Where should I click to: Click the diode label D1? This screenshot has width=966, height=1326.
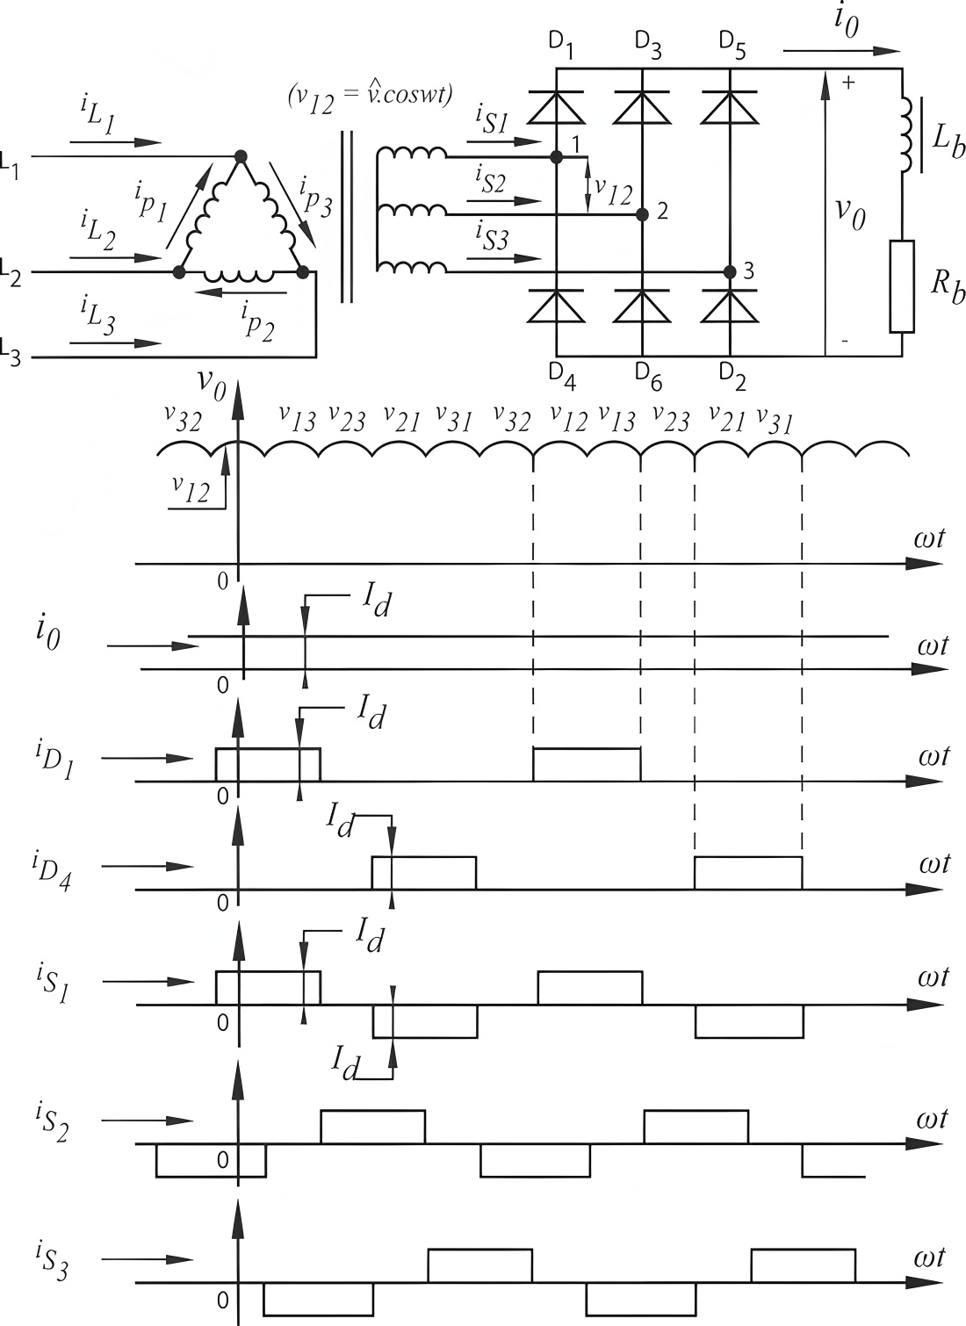coord(561,46)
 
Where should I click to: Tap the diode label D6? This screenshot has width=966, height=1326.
coord(648,377)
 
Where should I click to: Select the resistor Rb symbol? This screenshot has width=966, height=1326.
coord(902,286)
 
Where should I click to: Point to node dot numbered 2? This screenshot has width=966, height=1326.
coord(642,213)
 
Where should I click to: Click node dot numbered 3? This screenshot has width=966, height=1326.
coord(730,271)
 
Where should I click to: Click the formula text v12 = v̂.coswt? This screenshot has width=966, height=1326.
coord(370,96)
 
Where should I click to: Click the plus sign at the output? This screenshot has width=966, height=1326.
coord(848,83)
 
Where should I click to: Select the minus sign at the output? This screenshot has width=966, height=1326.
coord(845,341)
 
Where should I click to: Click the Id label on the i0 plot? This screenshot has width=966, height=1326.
coord(377,603)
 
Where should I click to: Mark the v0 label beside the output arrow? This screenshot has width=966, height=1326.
coord(850,212)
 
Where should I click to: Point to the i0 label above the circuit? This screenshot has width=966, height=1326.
coord(847,22)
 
